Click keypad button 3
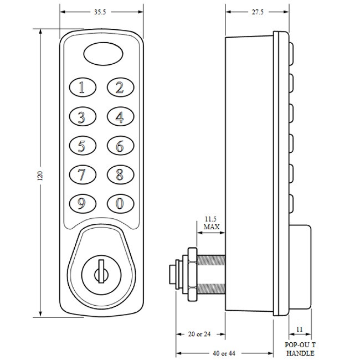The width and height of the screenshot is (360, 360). point(83,117)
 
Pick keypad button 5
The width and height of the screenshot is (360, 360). point(83,146)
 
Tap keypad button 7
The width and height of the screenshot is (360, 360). point(83,175)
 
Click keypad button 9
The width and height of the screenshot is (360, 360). point(83,203)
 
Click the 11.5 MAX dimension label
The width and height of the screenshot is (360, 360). point(212,223)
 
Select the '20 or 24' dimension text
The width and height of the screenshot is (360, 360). point(200,334)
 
